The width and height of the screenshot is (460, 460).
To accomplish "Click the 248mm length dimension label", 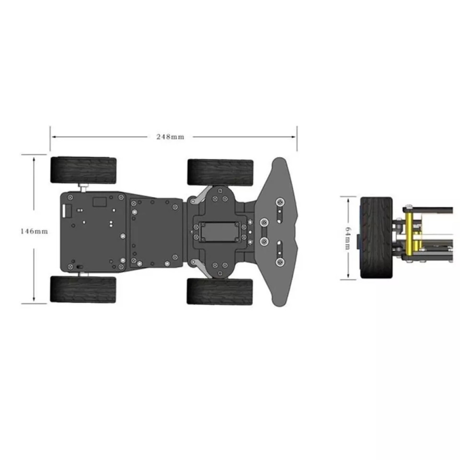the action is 170,137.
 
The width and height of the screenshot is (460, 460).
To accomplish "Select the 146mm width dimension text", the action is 34,231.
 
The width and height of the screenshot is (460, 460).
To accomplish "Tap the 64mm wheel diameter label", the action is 348,238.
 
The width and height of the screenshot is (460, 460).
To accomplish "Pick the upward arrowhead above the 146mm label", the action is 34,159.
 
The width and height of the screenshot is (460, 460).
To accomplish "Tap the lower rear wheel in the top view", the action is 83,289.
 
